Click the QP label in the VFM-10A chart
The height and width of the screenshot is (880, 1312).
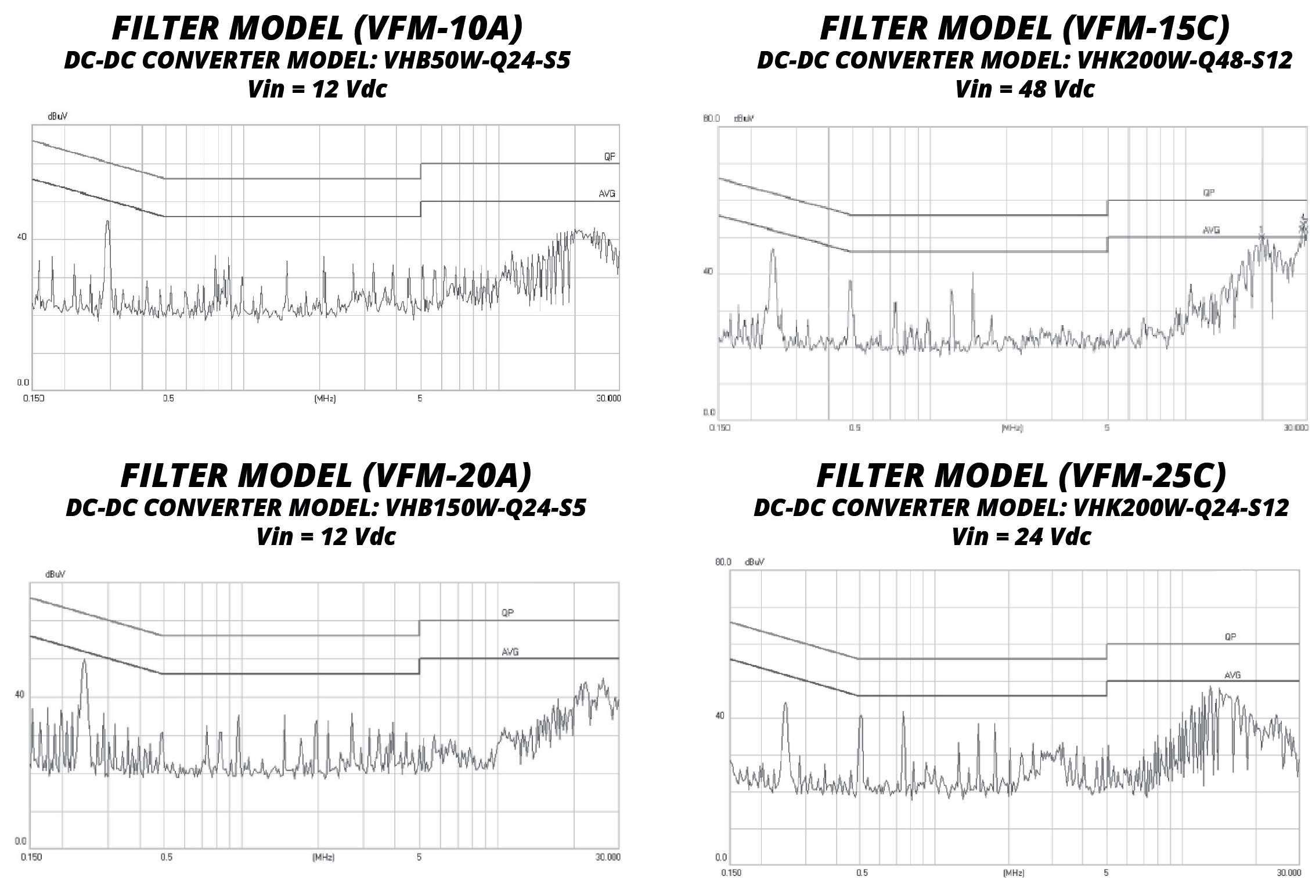pos(609,157)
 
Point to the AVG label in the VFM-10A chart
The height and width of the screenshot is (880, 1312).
pos(607,194)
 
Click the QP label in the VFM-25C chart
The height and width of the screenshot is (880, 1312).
pos(1230,637)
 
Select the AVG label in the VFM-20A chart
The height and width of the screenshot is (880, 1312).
pos(510,652)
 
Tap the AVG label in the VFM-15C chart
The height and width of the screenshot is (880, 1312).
pos(1211,230)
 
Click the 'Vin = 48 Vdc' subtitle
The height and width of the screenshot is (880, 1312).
pos(1025,89)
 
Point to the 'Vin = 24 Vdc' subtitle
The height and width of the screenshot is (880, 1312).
pos(1021,536)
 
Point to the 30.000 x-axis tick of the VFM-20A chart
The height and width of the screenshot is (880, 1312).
pos(607,857)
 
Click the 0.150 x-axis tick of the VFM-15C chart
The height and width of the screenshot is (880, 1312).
pos(720,428)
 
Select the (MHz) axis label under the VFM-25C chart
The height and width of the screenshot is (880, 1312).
pos(1013,873)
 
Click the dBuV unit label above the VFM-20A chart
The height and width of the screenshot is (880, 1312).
pos(55,574)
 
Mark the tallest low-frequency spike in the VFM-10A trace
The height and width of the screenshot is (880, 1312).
pos(107,223)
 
